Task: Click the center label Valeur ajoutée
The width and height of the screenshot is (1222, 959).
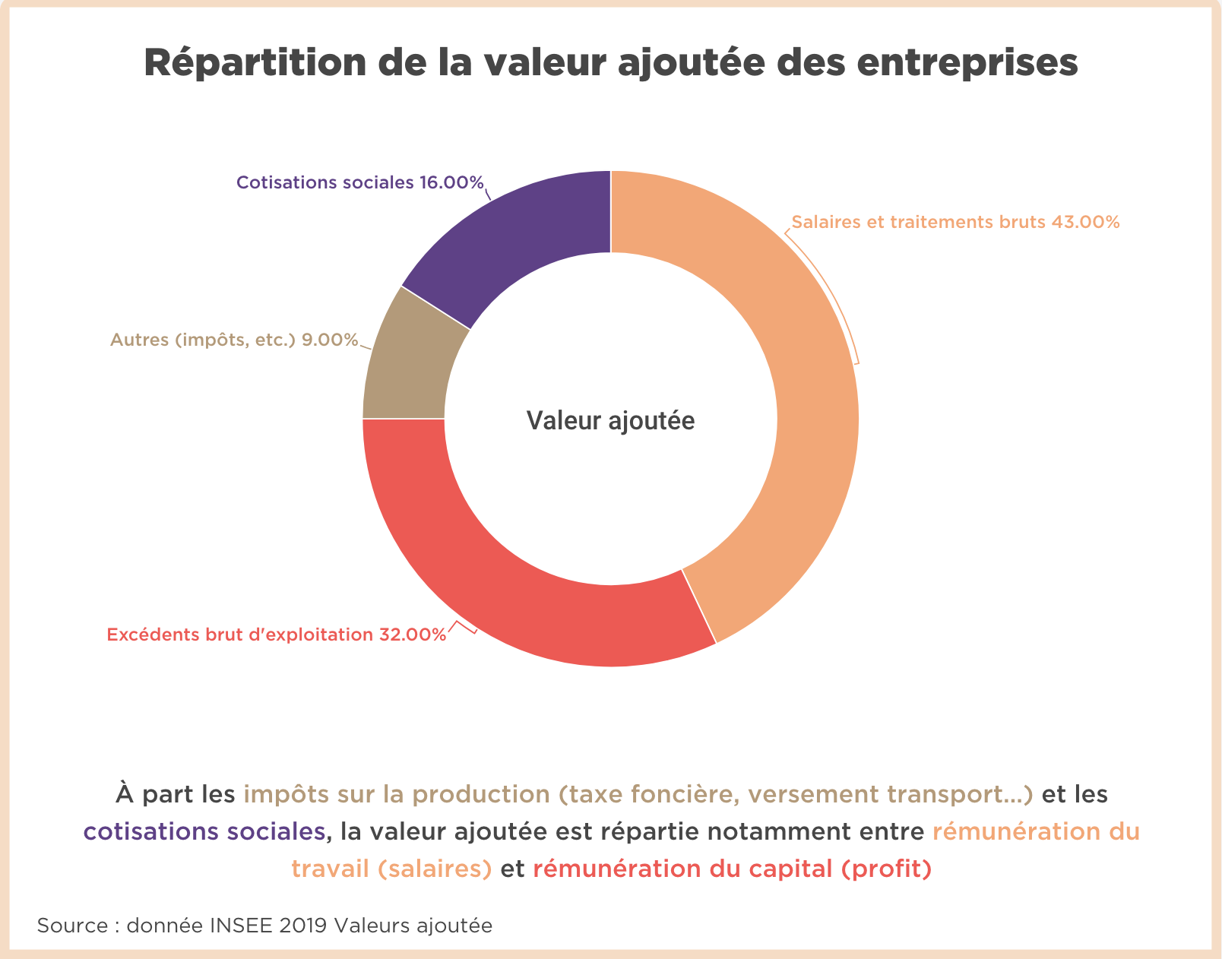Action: tap(610, 421)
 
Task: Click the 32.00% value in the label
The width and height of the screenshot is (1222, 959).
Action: tap(412, 635)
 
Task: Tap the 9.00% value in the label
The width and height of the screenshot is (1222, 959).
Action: tap(330, 340)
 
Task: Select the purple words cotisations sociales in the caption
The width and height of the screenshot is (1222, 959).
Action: tap(204, 831)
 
